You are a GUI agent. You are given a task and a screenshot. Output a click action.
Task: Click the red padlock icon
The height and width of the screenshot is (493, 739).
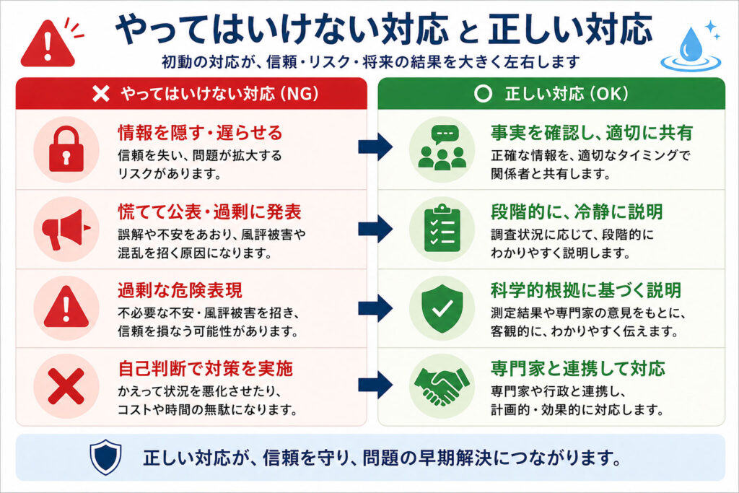tap(66, 150)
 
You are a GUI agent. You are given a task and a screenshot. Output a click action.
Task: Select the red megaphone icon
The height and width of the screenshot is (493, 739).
tap(65, 229)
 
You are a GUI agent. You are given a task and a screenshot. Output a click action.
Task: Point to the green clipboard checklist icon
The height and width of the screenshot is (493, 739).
tap(438, 229)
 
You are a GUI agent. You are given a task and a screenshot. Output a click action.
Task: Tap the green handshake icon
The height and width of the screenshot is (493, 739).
tap(438, 386)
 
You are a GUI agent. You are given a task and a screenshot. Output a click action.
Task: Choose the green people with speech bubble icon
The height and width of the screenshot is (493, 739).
tap(438, 150)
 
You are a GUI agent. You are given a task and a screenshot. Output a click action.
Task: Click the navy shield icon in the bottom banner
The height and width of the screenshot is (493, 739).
tap(102, 457)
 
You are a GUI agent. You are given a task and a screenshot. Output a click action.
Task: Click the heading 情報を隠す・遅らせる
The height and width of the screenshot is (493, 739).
tap(200, 133)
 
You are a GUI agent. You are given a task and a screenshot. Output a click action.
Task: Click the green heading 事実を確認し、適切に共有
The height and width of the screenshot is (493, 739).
tap(592, 133)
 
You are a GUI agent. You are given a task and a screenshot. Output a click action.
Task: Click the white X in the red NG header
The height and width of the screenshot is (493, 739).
tap(102, 93)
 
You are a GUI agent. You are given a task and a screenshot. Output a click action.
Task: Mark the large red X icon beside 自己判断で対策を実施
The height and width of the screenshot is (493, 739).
tap(66, 386)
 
